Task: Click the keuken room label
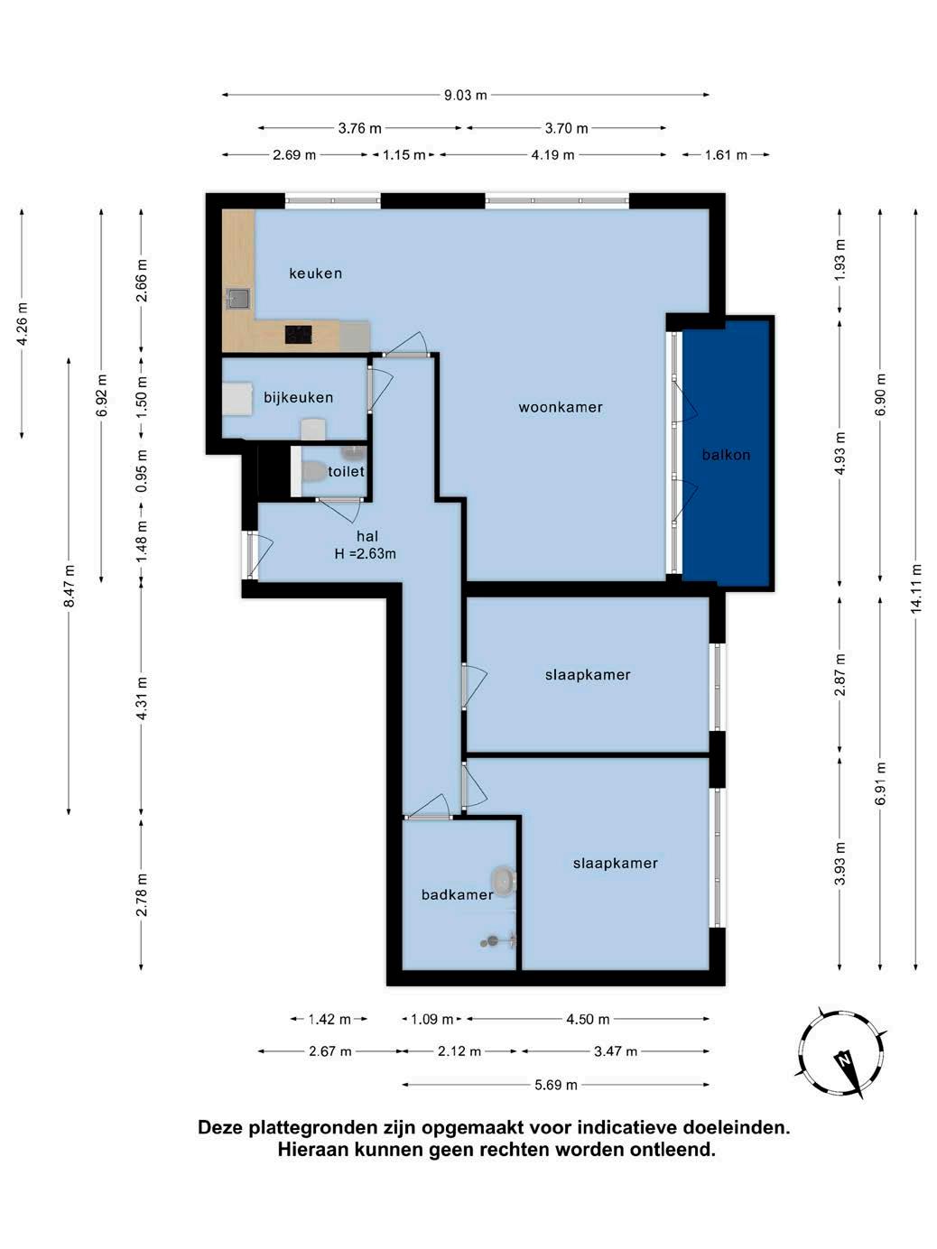tap(315, 273)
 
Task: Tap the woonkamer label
tap(561, 407)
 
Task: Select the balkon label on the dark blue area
tap(726, 455)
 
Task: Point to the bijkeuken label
tap(298, 397)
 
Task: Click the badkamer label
tap(457, 894)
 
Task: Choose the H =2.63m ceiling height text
tap(366, 553)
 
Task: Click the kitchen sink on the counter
tap(238, 298)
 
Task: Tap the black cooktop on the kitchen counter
tap(298, 334)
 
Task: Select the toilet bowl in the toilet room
tap(311, 470)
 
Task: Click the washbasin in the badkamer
tap(503, 882)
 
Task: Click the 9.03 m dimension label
tap(466, 95)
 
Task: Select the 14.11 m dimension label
tap(915, 589)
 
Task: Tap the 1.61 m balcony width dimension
tap(726, 155)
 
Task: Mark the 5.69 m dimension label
tap(556, 1085)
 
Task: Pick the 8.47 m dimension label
tap(69, 586)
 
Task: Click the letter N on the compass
tap(843, 1059)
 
